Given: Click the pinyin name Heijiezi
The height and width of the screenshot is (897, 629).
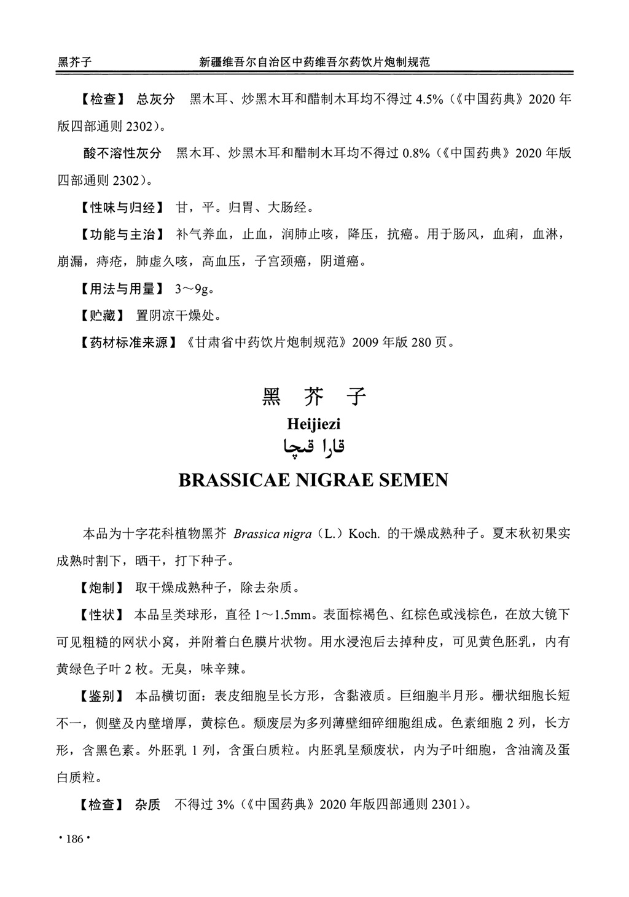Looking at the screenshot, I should tap(313, 424).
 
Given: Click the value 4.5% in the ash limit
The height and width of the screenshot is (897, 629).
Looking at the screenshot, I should tap(430, 99).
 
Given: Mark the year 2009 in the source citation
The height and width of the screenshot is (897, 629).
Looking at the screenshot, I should tap(365, 343).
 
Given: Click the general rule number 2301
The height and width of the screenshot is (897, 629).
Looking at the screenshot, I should tap(445, 804).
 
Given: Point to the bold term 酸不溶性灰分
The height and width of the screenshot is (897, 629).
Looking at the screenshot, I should tap(122, 153).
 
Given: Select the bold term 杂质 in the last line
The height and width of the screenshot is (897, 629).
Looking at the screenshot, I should tap(147, 804).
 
